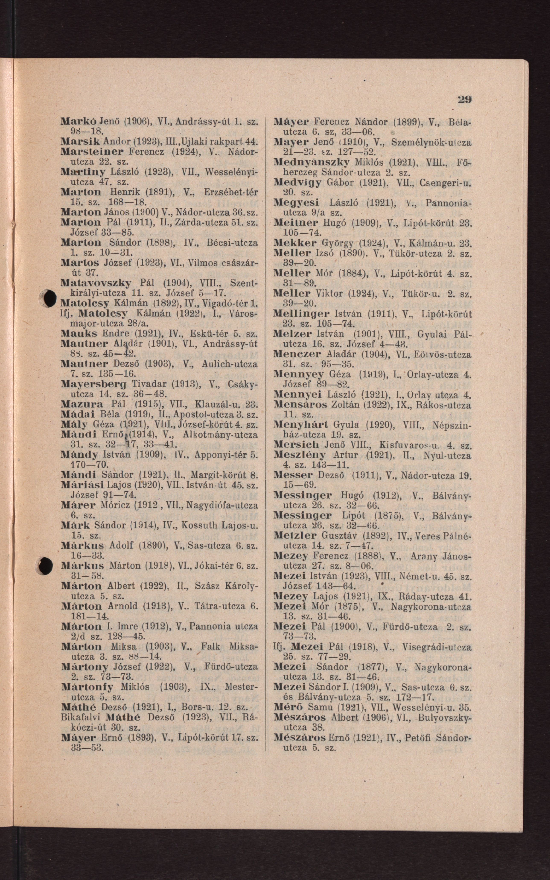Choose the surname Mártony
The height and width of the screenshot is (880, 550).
click(85, 667)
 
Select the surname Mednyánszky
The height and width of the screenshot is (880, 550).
click(311, 162)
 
